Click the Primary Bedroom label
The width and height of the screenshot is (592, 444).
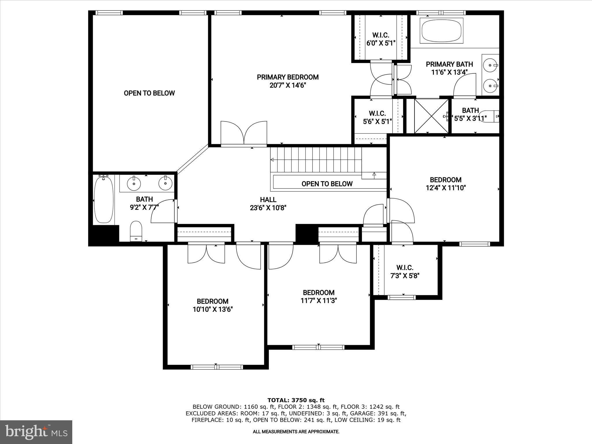coord(288,77)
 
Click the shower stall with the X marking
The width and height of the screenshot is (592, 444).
coord(431,116)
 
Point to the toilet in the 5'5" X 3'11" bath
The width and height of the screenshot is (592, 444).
coord(489,116)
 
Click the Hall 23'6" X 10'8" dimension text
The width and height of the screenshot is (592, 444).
coord(268,208)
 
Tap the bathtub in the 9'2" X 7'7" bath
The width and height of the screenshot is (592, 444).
coord(104,199)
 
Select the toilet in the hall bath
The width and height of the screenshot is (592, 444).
coord(136,231)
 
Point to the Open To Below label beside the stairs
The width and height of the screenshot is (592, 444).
coord(327,184)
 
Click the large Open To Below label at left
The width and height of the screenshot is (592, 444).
coord(149,93)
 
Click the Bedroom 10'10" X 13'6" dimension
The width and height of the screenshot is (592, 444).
coord(213,310)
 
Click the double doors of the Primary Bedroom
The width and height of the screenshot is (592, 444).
coord(244,134)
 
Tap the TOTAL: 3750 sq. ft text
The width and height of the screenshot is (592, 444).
coord(296,400)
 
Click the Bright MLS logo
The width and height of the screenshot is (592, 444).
coord(36,432)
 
